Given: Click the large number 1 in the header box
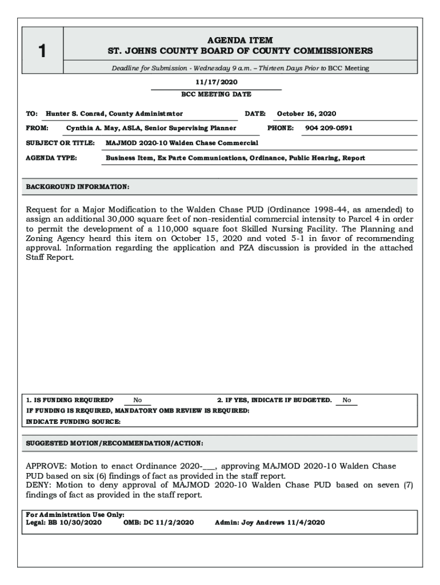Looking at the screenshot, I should [42, 51].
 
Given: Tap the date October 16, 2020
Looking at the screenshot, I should [306, 114].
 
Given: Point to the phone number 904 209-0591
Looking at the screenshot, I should [329, 128].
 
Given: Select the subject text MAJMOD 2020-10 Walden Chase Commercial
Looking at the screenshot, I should [182, 143].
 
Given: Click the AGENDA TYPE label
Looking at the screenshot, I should [52, 158].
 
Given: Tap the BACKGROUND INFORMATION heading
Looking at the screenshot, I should [78, 187].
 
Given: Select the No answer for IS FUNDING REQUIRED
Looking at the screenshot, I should [138, 400].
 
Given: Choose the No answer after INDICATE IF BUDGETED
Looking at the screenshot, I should [347, 400].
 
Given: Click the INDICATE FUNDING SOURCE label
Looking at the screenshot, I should [74, 422].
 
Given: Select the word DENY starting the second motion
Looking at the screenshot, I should [38, 486].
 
